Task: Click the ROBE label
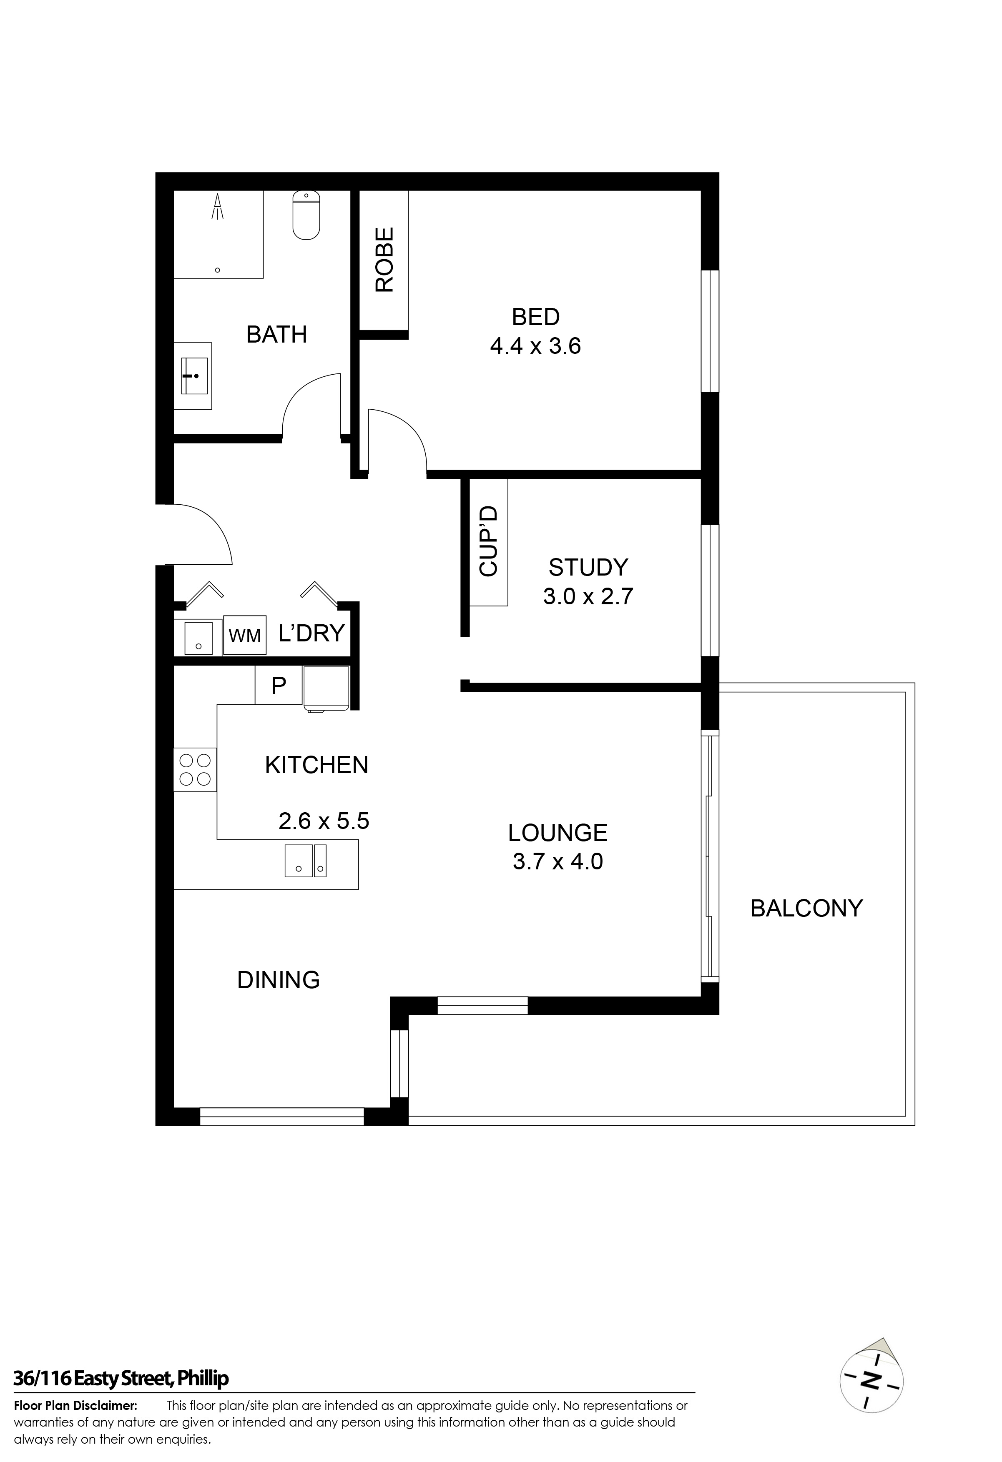pyautogui.click(x=384, y=259)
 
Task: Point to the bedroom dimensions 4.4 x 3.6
pyautogui.click(x=536, y=346)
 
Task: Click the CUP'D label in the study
pyautogui.click(x=488, y=542)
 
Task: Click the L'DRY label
pyautogui.click(x=311, y=633)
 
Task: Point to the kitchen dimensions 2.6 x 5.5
pyautogui.click(x=324, y=821)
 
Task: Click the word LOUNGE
pyautogui.click(x=558, y=833)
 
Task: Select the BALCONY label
pyautogui.click(x=806, y=909)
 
